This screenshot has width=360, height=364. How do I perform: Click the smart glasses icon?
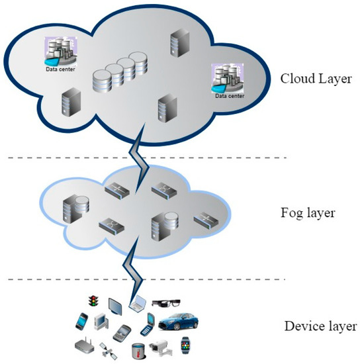tap(166, 303)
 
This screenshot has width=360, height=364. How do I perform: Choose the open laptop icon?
tap(138, 304)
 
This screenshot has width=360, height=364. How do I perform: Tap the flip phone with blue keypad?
tap(150, 326)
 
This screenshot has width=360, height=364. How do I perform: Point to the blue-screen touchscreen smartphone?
tap(81, 320)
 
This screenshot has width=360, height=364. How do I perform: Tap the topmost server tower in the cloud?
tap(177, 41)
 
